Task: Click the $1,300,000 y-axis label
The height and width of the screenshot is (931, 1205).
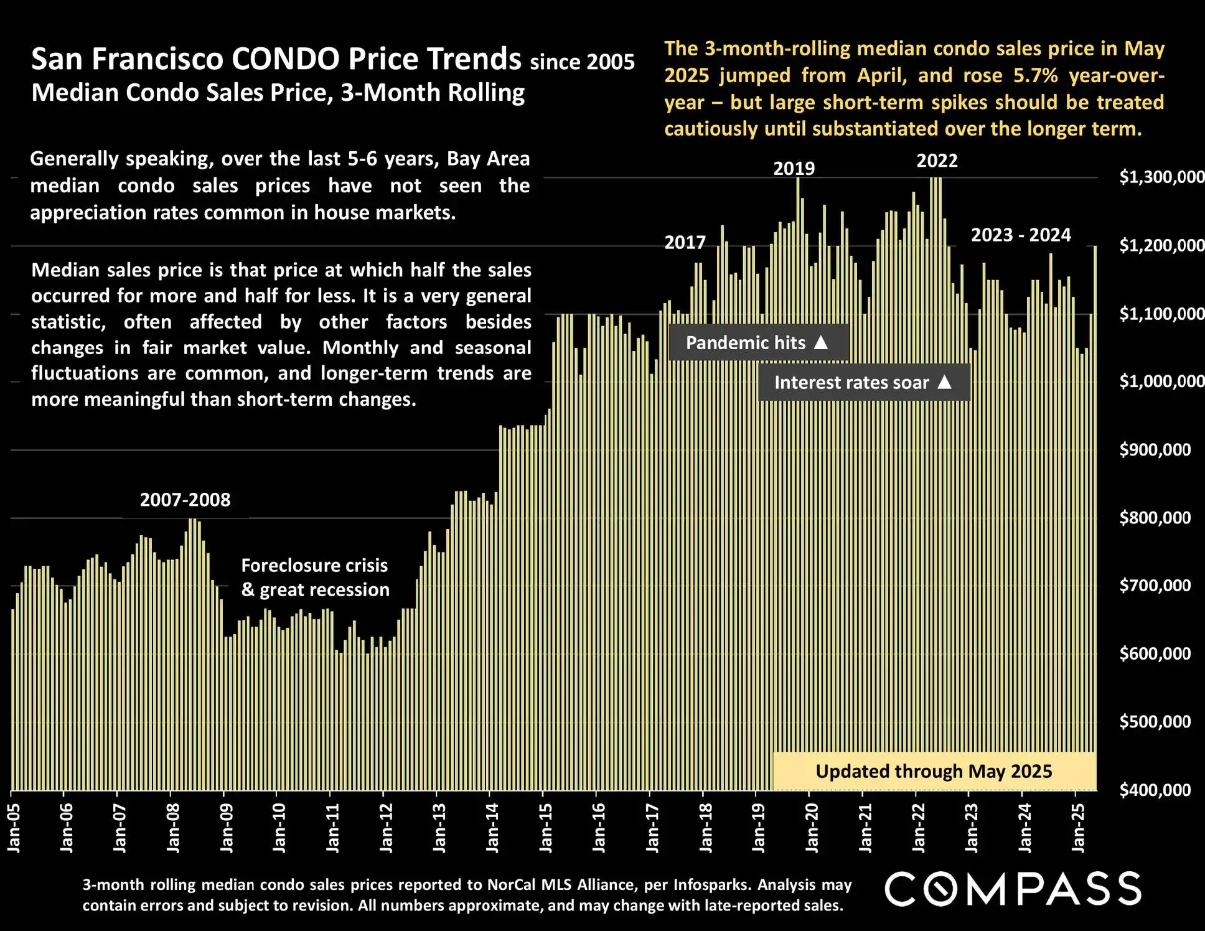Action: (1161, 177)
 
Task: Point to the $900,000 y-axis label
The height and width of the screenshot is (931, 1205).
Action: (1155, 450)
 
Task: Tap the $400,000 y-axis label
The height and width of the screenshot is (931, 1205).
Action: (1155, 790)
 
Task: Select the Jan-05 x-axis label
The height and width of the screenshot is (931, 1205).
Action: (14, 828)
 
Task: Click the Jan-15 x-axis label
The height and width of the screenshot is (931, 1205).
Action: (546, 828)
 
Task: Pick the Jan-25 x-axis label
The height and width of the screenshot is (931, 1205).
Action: (1078, 828)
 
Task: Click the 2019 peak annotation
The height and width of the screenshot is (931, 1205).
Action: (794, 169)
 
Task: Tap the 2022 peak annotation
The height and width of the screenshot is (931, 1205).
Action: (937, 161)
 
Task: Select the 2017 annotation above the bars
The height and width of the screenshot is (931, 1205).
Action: (685, 243)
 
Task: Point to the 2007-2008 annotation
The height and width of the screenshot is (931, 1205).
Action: (185, 500)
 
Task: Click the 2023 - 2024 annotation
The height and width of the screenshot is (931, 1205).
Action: (1021, 235)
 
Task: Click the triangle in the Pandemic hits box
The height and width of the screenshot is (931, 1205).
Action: (821, 342)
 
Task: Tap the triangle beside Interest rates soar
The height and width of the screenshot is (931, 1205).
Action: (944, 382)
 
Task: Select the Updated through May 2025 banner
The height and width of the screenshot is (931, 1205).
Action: (934, 772)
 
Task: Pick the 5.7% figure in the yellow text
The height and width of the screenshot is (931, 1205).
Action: (1035, 76)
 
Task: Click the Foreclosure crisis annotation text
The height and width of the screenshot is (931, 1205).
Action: (314, 566)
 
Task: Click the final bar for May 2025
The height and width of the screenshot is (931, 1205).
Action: (1095, 517)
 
